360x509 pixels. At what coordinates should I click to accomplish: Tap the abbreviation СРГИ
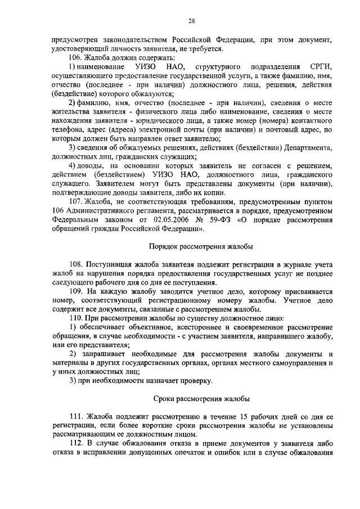pyautogui.click(x=321, y=67)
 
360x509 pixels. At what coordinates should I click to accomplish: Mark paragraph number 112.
pyautogui.click(x=78, y=443)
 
